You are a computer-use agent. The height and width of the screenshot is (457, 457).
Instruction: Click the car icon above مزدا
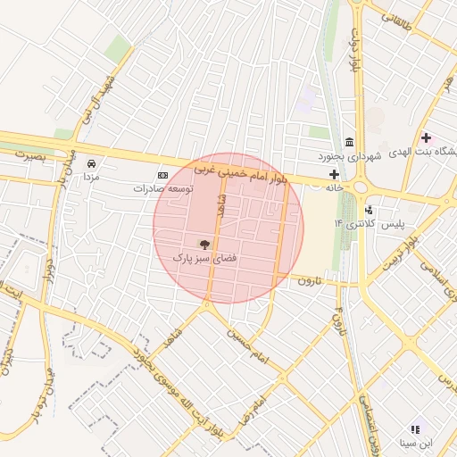92,164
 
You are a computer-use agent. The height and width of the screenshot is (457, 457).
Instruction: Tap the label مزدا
92,178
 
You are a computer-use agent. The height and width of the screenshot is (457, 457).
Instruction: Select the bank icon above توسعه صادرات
162,175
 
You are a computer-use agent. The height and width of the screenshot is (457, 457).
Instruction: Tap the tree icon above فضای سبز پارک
205,243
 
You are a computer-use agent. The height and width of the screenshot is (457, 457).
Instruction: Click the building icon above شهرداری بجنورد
348,144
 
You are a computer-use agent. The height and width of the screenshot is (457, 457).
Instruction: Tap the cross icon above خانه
334,173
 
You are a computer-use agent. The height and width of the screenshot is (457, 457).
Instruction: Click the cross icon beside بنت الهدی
426,137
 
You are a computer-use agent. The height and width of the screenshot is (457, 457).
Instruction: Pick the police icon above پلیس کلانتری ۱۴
370,210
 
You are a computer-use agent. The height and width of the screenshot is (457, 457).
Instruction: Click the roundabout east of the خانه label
361,187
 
